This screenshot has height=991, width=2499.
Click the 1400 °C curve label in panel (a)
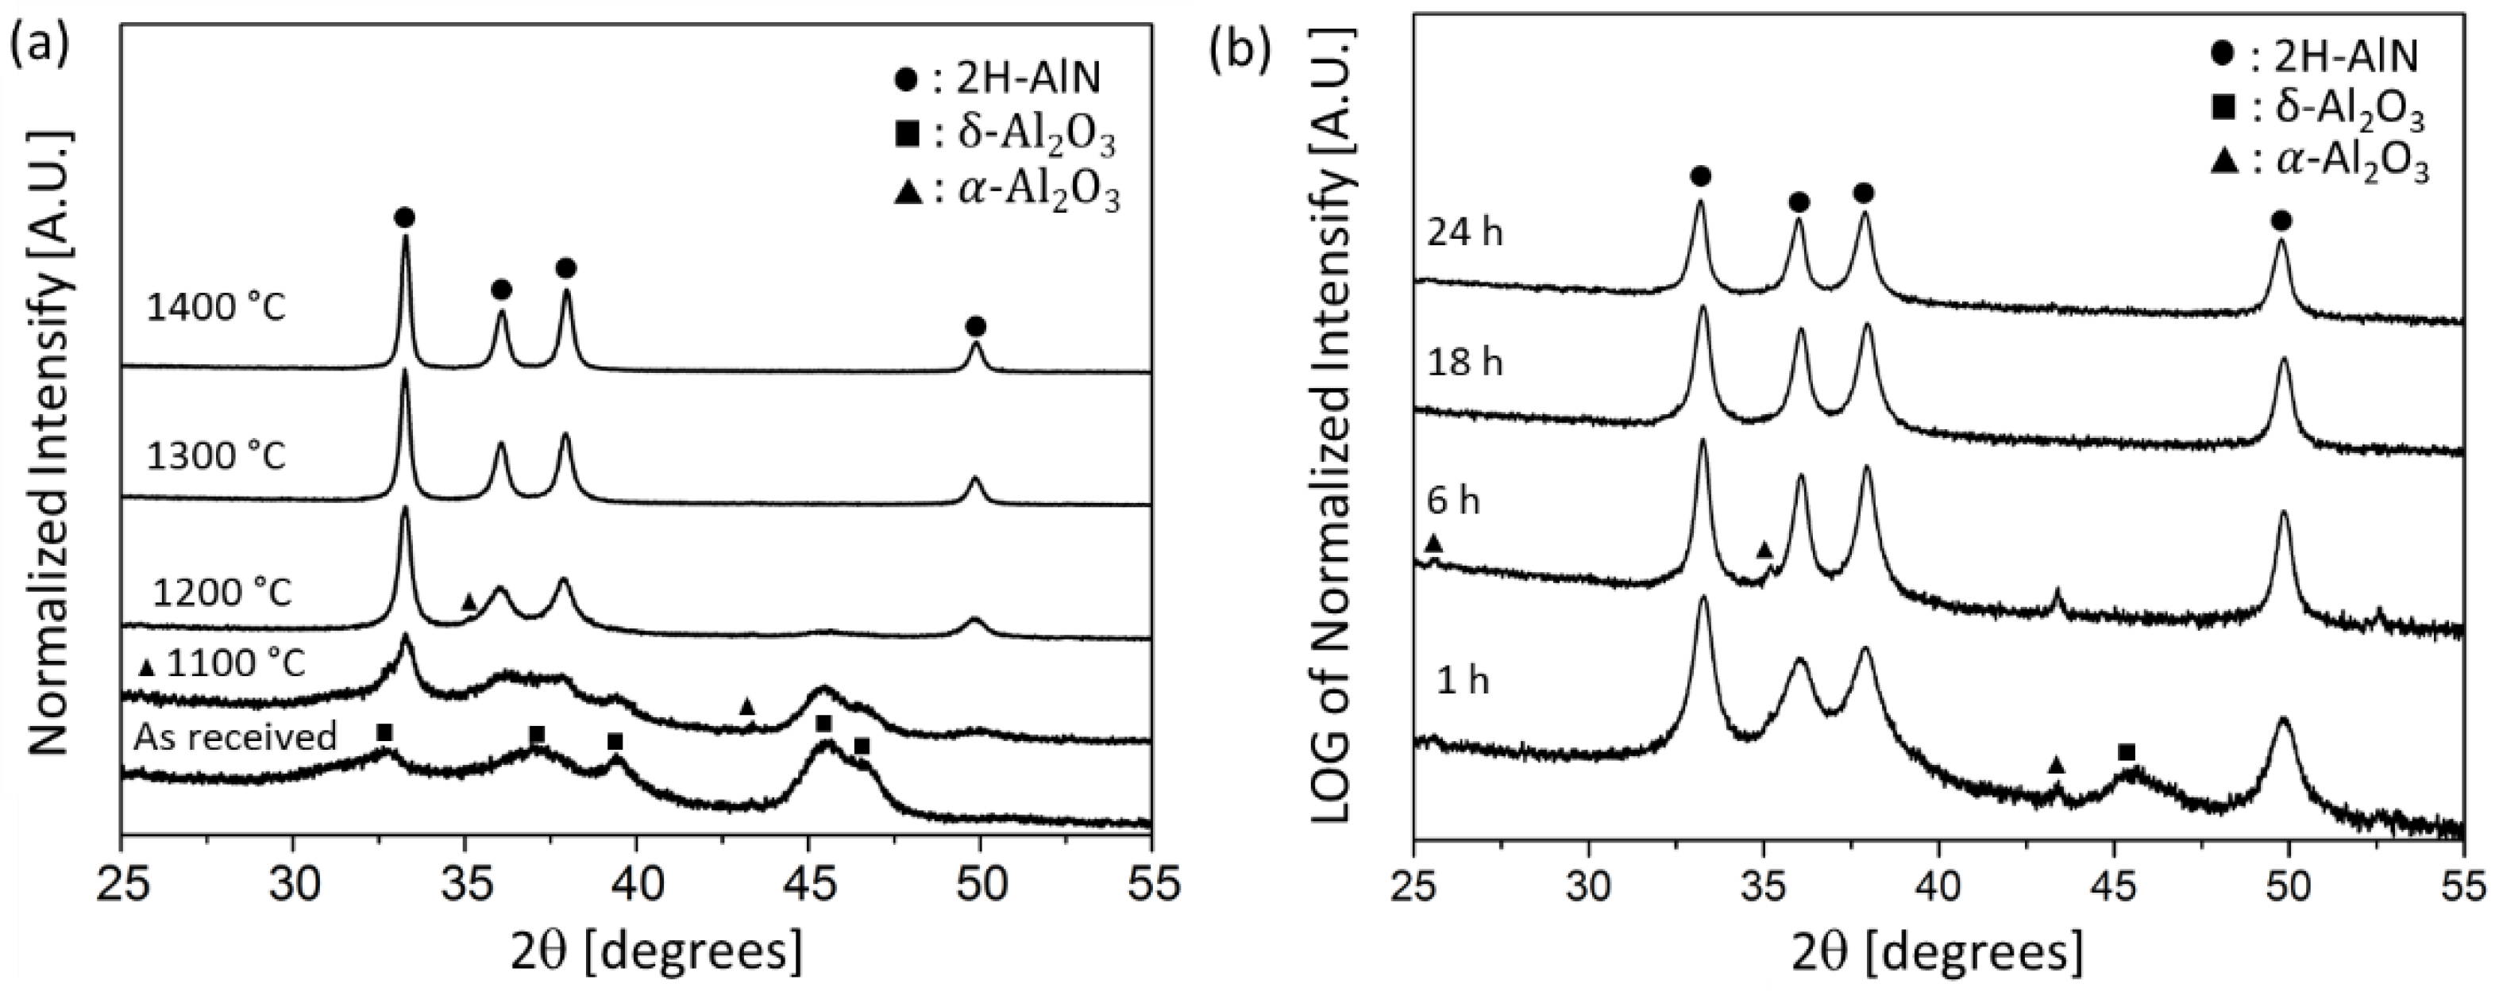216,309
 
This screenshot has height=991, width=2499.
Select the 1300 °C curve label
216,455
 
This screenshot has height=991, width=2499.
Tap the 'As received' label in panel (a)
236,737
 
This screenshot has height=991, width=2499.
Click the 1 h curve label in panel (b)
1462,682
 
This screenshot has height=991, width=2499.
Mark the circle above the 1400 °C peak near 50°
976,326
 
